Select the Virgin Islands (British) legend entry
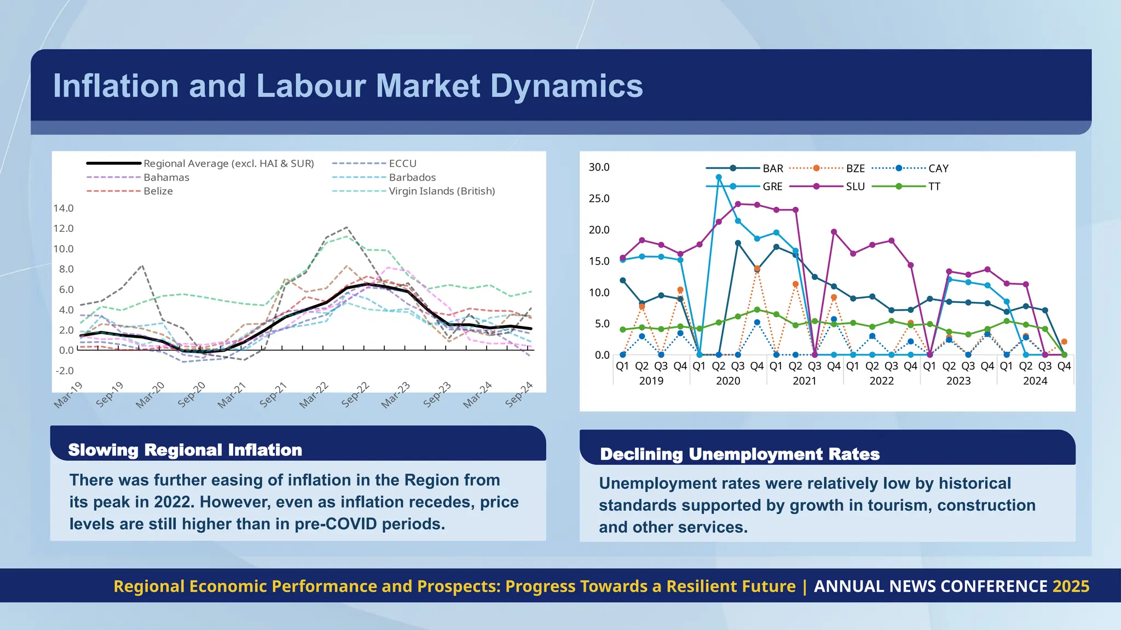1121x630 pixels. (441, 191)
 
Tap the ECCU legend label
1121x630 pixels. (402, 164)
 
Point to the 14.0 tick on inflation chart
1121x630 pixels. (63, 208)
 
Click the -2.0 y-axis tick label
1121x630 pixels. (64, 370)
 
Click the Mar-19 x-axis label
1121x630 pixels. (68, 395)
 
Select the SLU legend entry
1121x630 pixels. (855, 186)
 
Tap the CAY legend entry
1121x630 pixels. (938, 168)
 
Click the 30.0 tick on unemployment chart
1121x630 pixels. (599, 167)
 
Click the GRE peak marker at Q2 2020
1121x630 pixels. (719, 177)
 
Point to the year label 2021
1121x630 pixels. (805, 381)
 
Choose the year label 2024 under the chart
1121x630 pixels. (1035, 381)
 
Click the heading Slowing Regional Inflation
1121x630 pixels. (185, 450)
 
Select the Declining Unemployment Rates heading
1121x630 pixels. (739, 454)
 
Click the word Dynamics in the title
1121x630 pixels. (566, 86)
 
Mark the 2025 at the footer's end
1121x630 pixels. (1071, 586)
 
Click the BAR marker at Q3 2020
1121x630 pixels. (738, 243)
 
